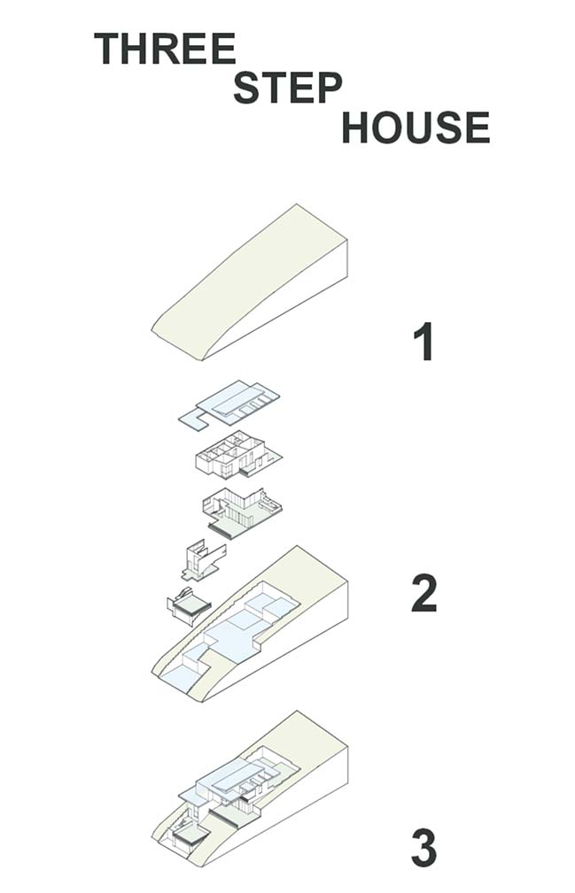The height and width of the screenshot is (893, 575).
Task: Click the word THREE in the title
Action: pos(165,49)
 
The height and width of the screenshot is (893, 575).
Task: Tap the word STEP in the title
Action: pos(288,88)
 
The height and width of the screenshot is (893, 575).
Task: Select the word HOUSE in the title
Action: pos(416,127)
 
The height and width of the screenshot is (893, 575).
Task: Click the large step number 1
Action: pos(424,341)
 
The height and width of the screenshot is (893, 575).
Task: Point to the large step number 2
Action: pos(424,594)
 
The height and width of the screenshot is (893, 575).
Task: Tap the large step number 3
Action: pos(424,849)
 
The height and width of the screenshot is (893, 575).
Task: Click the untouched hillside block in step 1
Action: pos(250,282)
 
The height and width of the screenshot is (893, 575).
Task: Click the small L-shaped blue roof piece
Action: pos(195,420)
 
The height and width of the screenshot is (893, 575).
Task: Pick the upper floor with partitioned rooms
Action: pos(238,454)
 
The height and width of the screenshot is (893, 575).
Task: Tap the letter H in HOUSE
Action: pos(356,127)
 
